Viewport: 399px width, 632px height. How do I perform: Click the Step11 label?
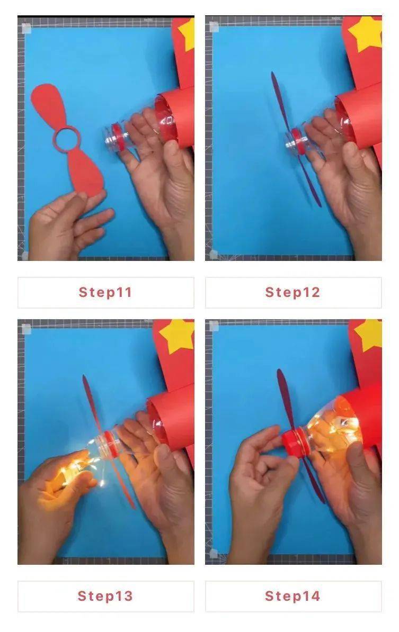tap(105, 292)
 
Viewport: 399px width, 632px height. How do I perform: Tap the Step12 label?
tap(292, 292)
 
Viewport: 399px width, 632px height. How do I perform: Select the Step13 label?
tap(105, 595)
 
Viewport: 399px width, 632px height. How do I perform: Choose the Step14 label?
tap(292, 595)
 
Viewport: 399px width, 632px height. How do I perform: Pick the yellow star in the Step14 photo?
tap(369, 335)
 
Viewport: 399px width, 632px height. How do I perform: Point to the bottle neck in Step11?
tap(116, 138)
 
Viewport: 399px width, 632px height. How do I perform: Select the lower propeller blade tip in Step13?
tap(133, 507)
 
